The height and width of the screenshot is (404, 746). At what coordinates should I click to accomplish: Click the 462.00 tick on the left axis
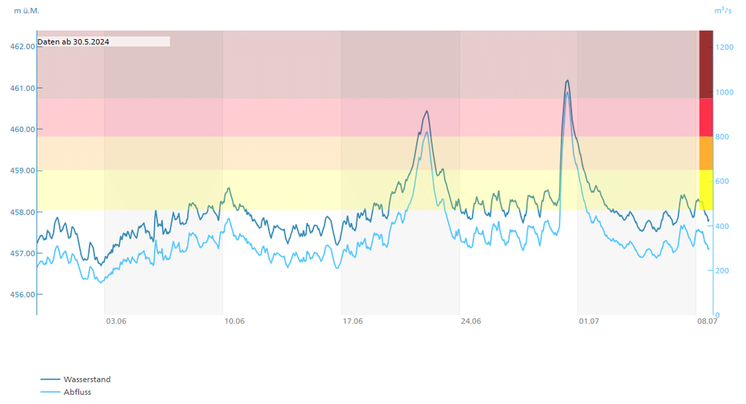point(23,47)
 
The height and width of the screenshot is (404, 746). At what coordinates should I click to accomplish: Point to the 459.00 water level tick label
point(23,171)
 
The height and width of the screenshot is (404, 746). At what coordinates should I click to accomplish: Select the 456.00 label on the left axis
point(23,294)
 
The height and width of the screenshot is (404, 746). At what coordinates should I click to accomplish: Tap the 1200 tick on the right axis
point(724,47)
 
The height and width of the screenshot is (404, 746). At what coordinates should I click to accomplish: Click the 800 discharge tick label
point(722,137)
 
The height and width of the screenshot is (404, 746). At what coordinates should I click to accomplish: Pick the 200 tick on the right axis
point(722,271)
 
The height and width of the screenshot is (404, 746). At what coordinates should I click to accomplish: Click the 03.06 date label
point(116,321)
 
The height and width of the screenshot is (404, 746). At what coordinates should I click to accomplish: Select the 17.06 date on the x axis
point(352,321)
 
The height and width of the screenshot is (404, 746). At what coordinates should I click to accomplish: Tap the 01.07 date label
point(589,321)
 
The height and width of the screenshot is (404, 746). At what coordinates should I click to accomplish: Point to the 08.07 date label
point(707,321)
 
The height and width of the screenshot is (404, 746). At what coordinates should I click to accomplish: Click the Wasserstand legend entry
point(87,380)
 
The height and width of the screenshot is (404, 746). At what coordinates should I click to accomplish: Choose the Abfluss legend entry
point(77,392)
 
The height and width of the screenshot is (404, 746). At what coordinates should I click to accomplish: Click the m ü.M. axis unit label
point(27,11)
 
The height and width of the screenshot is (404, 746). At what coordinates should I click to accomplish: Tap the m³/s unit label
point(723,11)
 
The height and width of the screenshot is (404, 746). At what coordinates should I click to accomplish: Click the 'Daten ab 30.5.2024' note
point(73,42)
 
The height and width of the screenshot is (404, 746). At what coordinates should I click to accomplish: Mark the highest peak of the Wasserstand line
point(568,80)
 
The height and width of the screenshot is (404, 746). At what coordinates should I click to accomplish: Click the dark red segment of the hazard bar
point(706,64)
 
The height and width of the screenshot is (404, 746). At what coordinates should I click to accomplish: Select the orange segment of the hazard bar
point(706,153)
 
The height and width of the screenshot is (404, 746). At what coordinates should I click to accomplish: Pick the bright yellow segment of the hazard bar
point(706,190)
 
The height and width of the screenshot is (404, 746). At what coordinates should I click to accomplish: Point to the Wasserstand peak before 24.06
point(427,111)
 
